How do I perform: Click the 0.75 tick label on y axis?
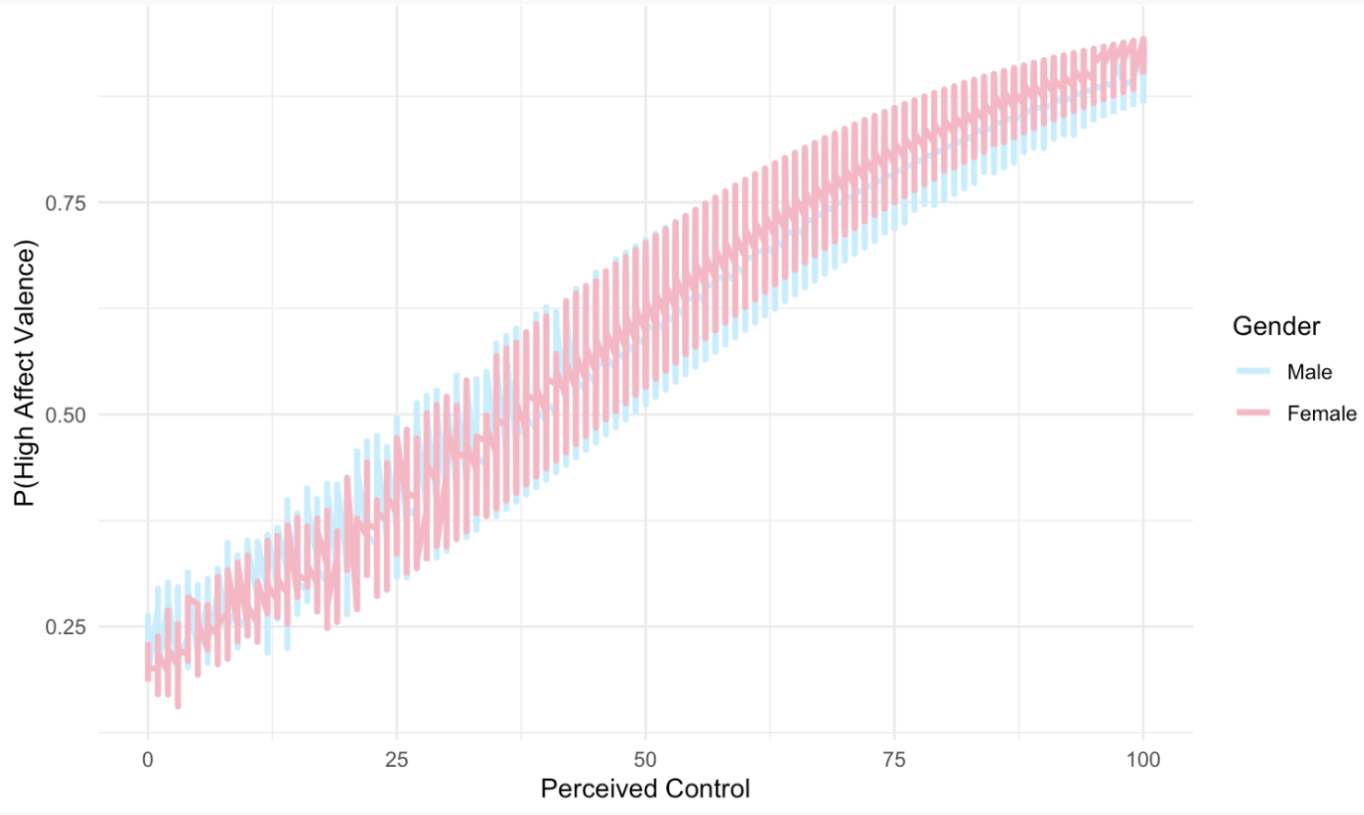click(x=67, y=202)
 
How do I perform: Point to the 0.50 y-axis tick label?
click(x=67, y=414)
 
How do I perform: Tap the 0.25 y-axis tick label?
click(x=67, y=626)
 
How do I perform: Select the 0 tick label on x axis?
click(x=147, y=759)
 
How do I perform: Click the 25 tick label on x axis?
click(x=396, y=759)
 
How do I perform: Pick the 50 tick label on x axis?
click(x=645, y=759)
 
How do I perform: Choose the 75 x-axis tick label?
click(x=894, y=759)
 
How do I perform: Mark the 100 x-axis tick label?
click(x=1143, y=759)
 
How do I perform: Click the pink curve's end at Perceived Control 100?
click(x=1143, y=56)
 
